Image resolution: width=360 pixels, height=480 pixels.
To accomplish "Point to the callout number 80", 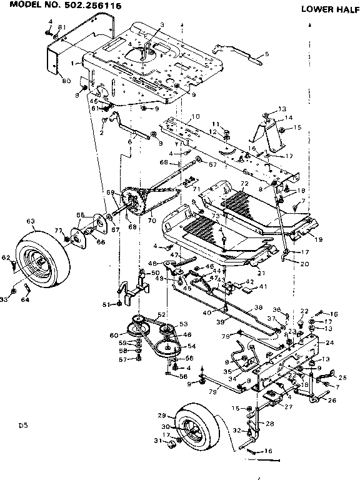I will pos(66,80).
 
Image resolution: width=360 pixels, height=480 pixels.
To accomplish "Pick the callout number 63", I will pos(29,220).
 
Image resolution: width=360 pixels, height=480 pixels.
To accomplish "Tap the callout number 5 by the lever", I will pos(267,54).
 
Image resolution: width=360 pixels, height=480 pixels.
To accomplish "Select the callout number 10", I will pos(195,116).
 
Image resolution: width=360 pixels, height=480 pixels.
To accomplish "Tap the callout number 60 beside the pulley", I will pos(114,336).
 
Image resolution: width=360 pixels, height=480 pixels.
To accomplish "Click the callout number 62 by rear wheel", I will pos(5,257).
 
